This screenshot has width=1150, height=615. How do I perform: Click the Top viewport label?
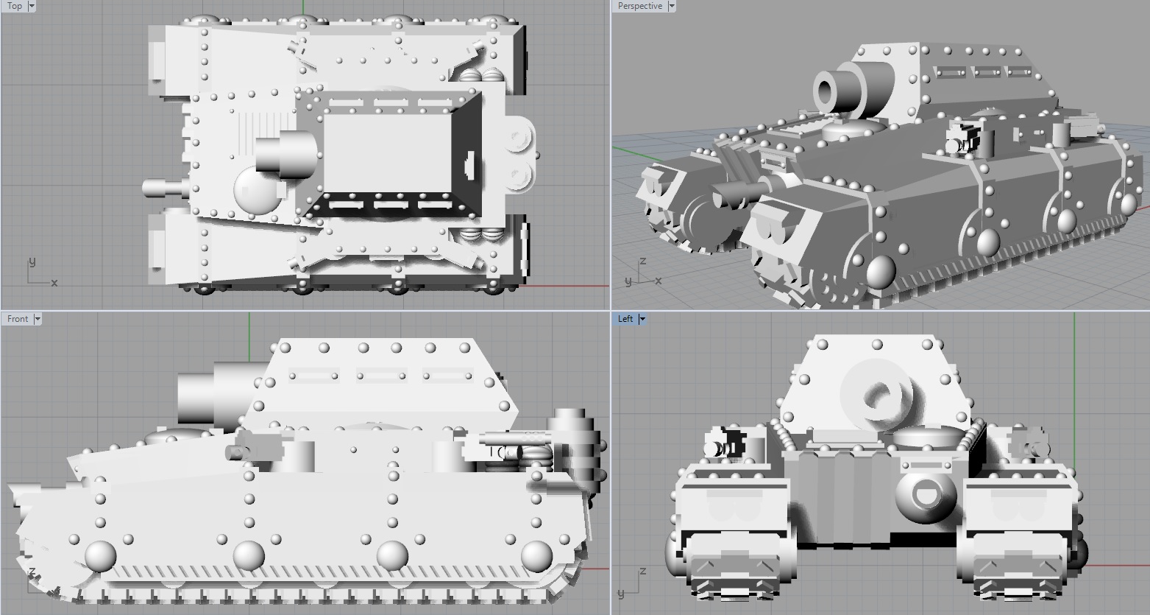[x=15, y=6]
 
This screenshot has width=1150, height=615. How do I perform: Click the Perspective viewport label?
[x=639, y=6]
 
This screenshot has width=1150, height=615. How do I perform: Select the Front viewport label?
[x=18, y=319]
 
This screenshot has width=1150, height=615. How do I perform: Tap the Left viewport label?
[x=625, y=319]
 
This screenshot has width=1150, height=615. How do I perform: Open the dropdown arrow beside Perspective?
[x=672, y=6]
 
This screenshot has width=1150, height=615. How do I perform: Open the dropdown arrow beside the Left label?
[x=642, y=319]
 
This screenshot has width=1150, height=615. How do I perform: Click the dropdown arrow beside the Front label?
[x=37, y=319]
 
